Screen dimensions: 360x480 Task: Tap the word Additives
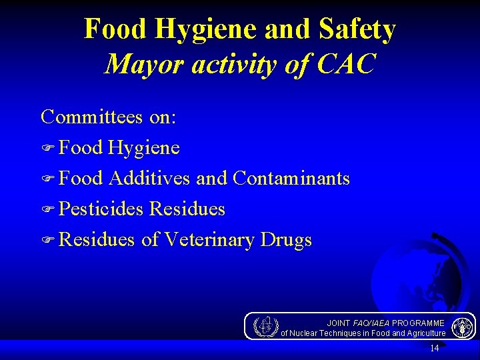pyautogui.click(x=149, y=178)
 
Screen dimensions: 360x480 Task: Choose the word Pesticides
pyautogui.click(x=101, y=209)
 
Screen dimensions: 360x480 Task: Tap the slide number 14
pyautogui.click(x=434, y=349)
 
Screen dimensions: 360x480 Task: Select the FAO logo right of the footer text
pyautogui.click(x=462, y=327)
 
